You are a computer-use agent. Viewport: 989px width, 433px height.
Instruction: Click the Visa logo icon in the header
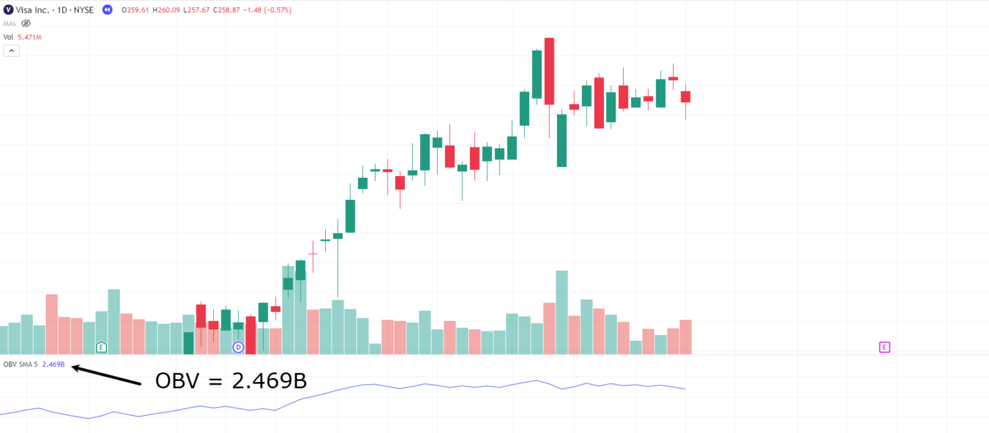tap(8, 10)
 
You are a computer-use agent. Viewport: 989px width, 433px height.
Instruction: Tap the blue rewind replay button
tap(108, 10)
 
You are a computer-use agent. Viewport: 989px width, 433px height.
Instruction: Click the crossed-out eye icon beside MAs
tap(26, 23)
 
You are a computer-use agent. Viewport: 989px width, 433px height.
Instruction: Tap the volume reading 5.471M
tap(30, 37)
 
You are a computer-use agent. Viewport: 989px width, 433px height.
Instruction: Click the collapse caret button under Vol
tap(12, 51)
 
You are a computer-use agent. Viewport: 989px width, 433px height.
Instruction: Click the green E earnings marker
tap(101, 347)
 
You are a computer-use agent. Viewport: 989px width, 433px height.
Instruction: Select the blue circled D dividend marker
tap(238, 347)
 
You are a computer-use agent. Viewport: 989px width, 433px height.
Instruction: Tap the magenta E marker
tap(884, 347)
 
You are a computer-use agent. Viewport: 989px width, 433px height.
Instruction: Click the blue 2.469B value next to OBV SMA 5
tap(53, 365)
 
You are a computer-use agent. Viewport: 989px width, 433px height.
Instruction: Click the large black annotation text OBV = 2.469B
tap(231, 381)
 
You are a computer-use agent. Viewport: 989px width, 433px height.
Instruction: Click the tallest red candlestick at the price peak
tap(549, 71)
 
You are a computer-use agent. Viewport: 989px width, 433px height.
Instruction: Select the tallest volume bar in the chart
tap(561, 312)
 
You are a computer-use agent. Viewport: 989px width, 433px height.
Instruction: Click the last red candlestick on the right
tap(686, 97)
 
